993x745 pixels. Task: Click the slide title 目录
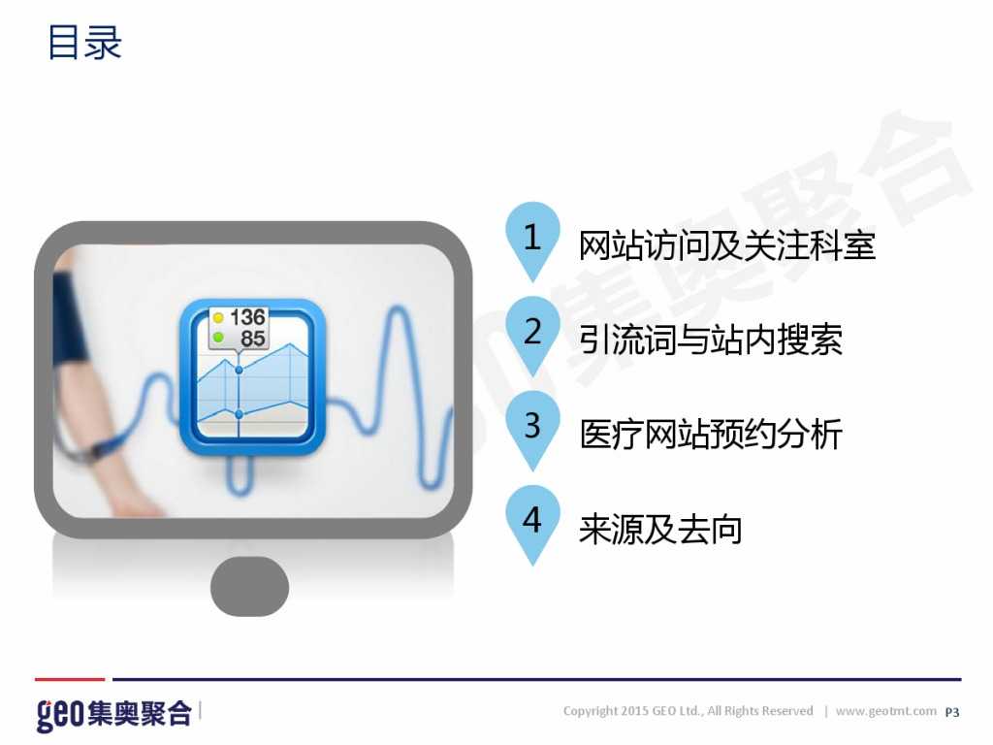click(x=84, y=44)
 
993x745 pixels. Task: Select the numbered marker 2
click(x=531, y=332)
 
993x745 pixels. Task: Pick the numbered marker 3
click(x=531, y=426)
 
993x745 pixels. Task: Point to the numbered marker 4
click(x=531, y=520)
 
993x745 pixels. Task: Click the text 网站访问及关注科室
click(x=726, y=245)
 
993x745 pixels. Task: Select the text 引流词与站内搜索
click(x=711, y=340)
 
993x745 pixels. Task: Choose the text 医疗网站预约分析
click(x=711, y=434)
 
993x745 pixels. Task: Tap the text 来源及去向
click(x=660, y=529)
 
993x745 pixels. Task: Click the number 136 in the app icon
click(x=247, y=317)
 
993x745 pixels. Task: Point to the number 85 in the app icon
click(x=252, y=339)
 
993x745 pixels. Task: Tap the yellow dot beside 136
click(x=218, y=317)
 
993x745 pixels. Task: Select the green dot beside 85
click(x=218, y=338)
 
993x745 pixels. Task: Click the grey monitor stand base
click(x=249, y=586)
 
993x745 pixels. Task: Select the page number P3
click(x=951, y=712)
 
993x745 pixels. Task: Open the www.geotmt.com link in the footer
click(x=885, y=711)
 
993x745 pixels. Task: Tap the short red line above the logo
click(x=69, y=679)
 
